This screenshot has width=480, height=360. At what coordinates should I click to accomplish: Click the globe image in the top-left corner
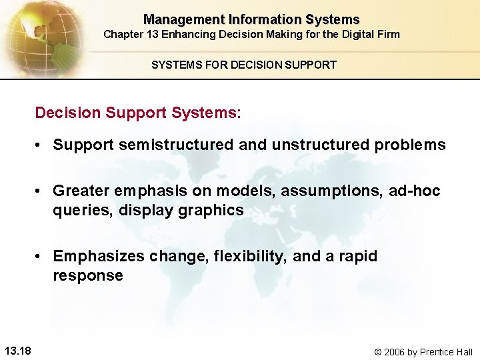43,37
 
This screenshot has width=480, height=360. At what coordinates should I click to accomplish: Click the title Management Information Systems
251,20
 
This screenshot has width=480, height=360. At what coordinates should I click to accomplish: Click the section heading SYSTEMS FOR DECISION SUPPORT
244,65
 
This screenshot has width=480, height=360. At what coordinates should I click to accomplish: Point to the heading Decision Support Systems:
138,113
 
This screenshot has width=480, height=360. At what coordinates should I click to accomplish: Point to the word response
88,275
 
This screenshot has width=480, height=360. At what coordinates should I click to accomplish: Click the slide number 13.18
21,351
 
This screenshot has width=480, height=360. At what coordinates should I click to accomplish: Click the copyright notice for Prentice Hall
423,351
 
